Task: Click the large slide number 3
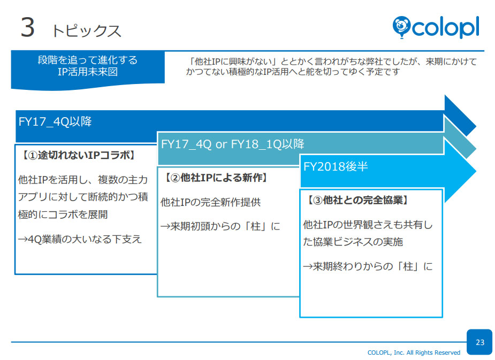[27, 28]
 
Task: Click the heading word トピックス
[86, 31]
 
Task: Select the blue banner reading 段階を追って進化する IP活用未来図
[88, 66]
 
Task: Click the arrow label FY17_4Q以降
[55, 121]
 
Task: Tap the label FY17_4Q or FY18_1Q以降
[233, 144]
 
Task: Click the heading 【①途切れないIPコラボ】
[78, 155]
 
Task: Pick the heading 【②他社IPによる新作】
[216, 178]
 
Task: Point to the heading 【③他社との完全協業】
[358, 200]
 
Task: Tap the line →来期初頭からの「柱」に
[220, 226]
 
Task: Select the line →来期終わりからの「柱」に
[368, 266]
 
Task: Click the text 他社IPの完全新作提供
[211, 202]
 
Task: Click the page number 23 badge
[479, 342]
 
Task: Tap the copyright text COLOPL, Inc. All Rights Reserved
[414, 353]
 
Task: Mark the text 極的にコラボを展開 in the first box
[63, 215]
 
